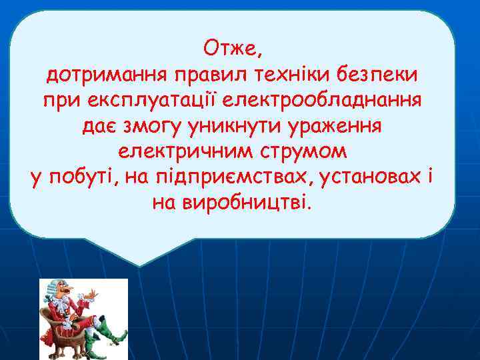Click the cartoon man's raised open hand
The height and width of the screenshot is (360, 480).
97,293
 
